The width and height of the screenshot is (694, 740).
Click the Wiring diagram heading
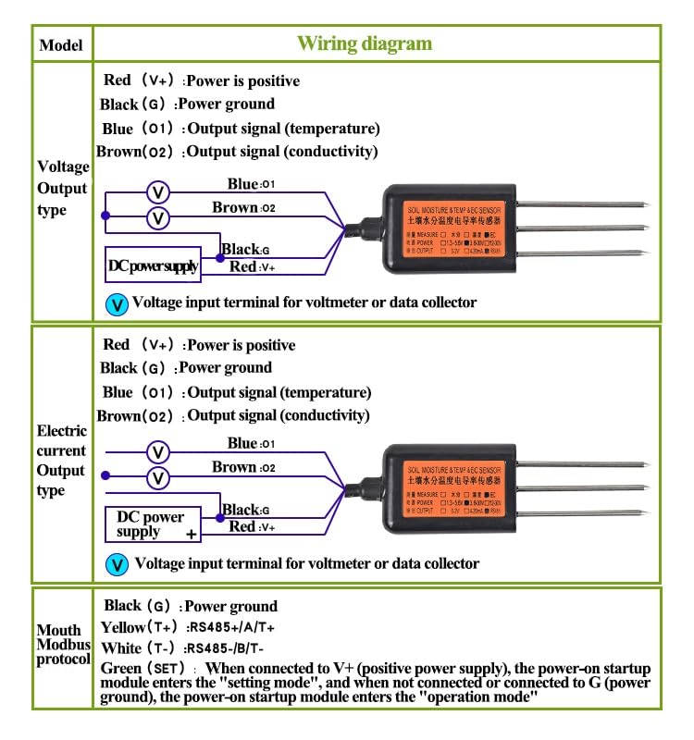[x=364, y=43]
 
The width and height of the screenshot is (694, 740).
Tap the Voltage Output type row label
[x=63, y=189]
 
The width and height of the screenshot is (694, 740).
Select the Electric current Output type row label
[x=62, y=461]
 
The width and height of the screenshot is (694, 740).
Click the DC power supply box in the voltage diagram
[x=153, y=265]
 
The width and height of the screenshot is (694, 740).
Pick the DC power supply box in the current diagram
[x=153, y=525]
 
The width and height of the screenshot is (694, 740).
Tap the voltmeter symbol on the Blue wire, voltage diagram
[x=159, y=192]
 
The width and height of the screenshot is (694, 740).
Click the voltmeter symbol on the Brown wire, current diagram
[x=159, y=478]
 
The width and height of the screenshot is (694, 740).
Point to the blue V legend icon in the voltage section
[x=117, y=302]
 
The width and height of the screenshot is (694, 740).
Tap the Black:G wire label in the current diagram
[x=245, y=510]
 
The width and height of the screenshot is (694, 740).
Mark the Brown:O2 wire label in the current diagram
[x=244, y=467]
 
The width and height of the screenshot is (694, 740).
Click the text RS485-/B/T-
[x=227, y=647]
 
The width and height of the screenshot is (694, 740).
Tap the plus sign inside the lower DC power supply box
[x=192, y=535]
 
